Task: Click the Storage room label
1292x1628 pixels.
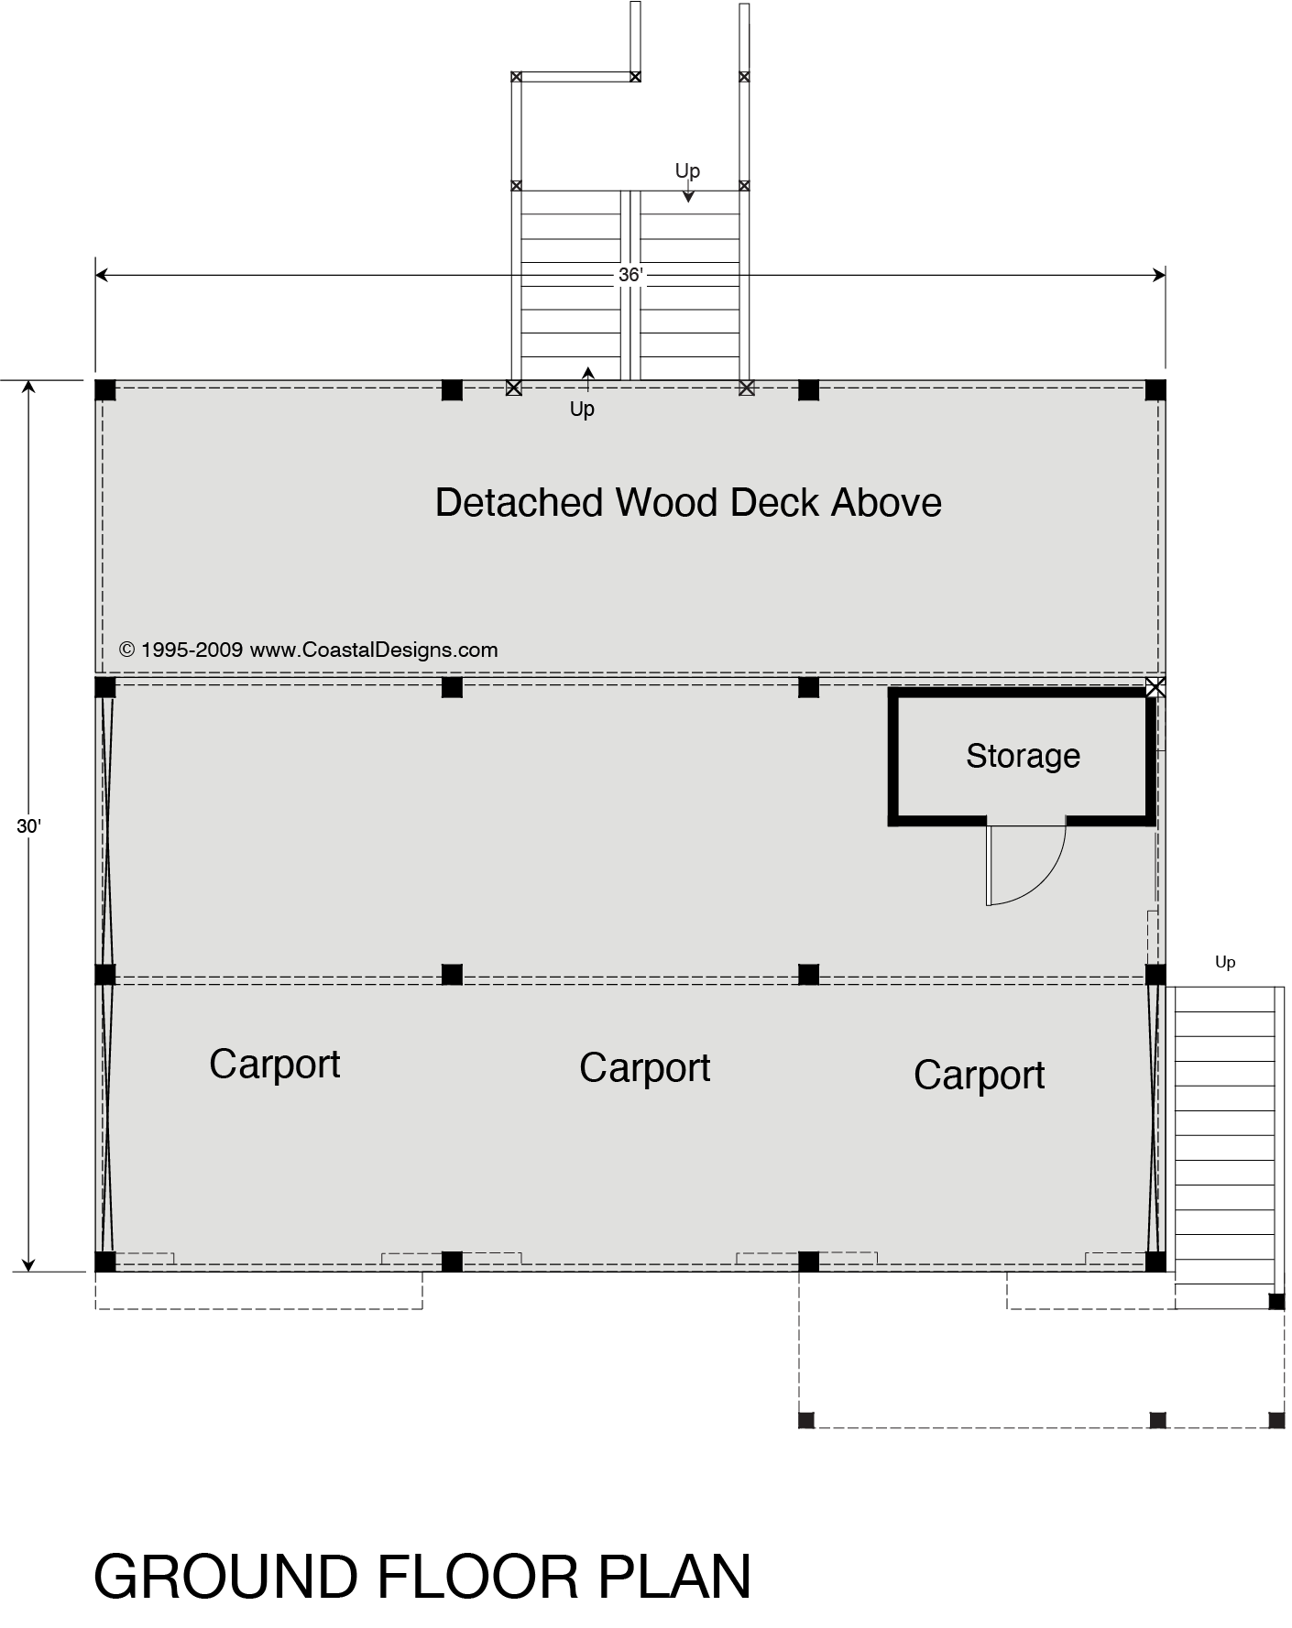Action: pos(1023,756)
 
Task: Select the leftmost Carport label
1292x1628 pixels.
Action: pos(275,1065)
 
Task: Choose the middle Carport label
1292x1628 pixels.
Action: pos(644,1068)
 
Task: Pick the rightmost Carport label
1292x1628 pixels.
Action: pos(979,1076)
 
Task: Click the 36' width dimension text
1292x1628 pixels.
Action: pos(630,275)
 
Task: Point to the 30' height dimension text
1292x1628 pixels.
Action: pos(28,826)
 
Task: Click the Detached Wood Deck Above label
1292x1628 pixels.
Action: pos(688,503)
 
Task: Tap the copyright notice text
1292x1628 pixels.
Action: pos(309,650)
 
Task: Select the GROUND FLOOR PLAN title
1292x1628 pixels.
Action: pos(422,1578)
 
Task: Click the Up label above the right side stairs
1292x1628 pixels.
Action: pos(1225,962)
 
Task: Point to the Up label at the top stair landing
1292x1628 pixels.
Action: pos(687,171)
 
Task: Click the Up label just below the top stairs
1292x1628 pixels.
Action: pos(582,410)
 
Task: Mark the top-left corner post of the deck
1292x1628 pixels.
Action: pos(105,389)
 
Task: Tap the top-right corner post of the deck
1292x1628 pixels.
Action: pos(1155,389)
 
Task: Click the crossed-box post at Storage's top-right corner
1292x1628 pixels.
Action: pos(1155,687)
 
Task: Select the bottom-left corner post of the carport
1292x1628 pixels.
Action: pos(105,1262)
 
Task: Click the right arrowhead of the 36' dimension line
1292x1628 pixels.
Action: pos(1159,275)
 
